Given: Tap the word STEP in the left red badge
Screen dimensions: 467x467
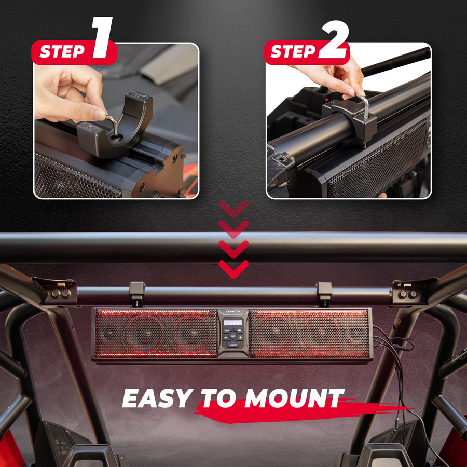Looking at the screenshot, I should point(61,52).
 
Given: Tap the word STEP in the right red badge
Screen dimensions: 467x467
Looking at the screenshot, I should point(292,52).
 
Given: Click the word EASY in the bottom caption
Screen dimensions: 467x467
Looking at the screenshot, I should point(157,399).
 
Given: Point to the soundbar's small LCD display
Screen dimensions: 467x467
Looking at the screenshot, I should point(233,322).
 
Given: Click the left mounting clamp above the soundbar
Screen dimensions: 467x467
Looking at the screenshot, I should point(137,293).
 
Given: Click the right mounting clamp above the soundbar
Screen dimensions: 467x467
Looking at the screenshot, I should point(324,293).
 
